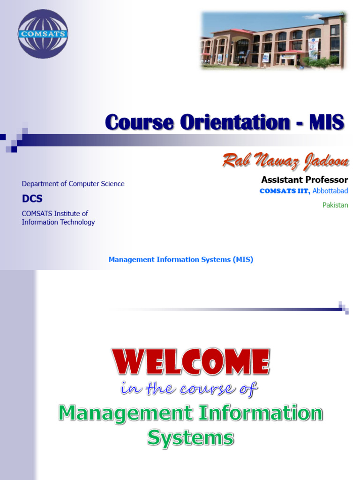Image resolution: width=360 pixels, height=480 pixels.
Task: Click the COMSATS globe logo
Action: pyautogui.click(x=43, y=34)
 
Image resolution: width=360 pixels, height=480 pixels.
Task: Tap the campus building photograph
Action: pyautogui.click(x=274, y=40)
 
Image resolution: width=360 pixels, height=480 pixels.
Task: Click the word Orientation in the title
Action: pyautogui.click(x=235, y=122)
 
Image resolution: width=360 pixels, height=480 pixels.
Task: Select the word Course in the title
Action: pyautogui.click(x=140, y=122)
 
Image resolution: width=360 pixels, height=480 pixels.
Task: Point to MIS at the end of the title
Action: pyautogui.click(x=327, y=122)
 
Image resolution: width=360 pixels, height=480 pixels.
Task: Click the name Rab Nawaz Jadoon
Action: pyautogui.click(x=285, y=161)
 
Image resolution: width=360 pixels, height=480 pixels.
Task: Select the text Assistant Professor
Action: pyautogui.click(x=305, y=180)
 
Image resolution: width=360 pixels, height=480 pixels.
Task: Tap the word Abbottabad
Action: pyautogui.click(x=330, y=191)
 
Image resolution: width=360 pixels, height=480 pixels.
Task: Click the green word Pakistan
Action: pyautogui.click(x=335, y=205)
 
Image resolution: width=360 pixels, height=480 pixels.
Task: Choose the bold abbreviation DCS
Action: pyautogui.click(x=32, y=199)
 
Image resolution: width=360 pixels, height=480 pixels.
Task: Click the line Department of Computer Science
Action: pyautogui.click(x=73, y=184)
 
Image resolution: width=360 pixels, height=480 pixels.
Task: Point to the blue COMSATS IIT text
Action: pyautogui.click(x=285, y=191)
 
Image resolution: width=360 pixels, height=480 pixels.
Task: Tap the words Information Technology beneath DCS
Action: pyautogui.click(x=58, y=222)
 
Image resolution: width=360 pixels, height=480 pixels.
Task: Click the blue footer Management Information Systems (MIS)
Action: pyautogui.click(x=181, y=260)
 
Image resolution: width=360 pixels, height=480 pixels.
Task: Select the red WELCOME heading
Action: pyautogui.click(x=191, y=361)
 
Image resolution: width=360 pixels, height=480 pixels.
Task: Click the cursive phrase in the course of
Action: pyautogui.click(x=189, y=389)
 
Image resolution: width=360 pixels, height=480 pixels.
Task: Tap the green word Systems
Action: pyautogui.click(x=191, y=438)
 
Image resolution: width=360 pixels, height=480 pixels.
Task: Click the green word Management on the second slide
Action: pyautogui.click(x=126, y=413)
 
